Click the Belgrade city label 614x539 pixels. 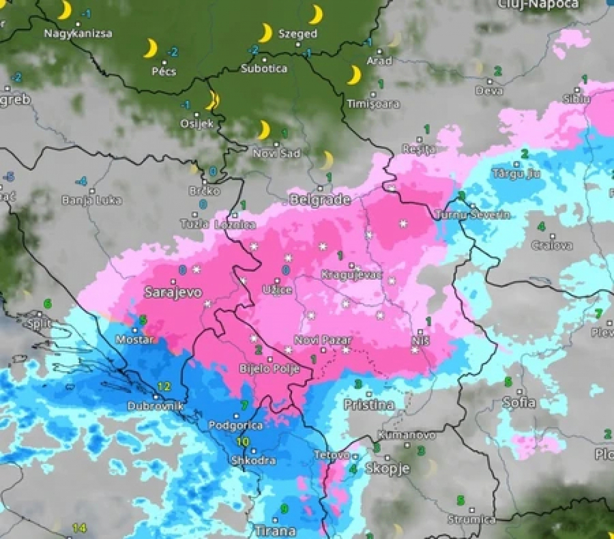320,200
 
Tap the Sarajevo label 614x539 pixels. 173,292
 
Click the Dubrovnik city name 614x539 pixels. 156,406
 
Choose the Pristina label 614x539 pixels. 369,405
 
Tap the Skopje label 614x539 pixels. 387,468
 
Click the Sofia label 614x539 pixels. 518,402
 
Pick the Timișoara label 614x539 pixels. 373,104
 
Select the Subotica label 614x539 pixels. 264,68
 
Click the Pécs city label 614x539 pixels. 164,71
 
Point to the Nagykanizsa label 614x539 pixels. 78,33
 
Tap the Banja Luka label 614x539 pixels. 91,201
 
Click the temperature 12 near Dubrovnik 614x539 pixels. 164,386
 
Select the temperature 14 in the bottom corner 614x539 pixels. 80,527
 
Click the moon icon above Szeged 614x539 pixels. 316,14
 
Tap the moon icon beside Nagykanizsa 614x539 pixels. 64,10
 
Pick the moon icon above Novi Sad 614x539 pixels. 263,129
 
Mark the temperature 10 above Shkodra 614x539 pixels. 243,441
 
